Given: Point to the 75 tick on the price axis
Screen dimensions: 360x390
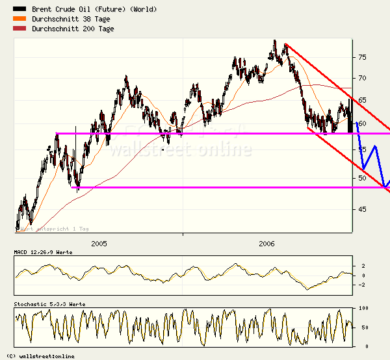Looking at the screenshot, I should pos(362,57).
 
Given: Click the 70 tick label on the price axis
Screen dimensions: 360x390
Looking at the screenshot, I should pos(362,78).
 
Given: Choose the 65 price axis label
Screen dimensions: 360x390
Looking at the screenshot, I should pos(362,100).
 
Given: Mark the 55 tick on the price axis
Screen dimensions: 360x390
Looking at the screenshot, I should pos(362,149).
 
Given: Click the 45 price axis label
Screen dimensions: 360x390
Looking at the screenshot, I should pos(362,209).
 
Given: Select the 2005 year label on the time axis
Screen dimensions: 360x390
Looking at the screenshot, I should pos(99,244).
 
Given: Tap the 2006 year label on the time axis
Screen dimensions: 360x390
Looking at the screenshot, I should pos(266,244).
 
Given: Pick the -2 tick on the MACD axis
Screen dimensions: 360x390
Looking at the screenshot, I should pos(363,285).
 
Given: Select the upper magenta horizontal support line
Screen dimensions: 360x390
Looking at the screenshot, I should pos(195,133).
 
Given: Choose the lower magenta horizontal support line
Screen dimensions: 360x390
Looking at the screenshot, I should pos(195,188).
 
